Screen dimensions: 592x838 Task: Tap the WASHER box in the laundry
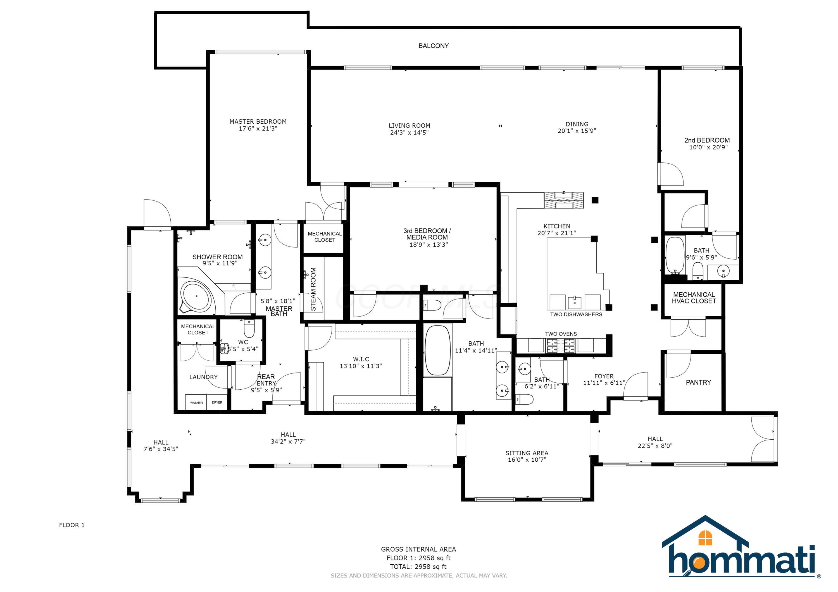196,403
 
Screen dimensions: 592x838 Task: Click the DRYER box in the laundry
217,403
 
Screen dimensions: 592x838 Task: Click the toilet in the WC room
249,329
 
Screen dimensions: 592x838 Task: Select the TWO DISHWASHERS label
576,314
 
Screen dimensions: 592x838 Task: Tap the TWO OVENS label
561,334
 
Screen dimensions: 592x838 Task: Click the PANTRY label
698,382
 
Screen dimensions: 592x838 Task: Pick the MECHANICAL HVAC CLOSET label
694,298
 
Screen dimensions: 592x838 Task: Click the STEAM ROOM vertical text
313,289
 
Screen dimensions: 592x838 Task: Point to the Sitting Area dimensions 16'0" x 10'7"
527,460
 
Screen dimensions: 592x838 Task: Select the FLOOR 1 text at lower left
72,525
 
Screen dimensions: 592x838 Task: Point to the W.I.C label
361,359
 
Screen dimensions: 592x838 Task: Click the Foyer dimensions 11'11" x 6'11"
604,383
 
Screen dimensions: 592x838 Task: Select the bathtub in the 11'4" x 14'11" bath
438,351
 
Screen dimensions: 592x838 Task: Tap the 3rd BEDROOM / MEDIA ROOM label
427,234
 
